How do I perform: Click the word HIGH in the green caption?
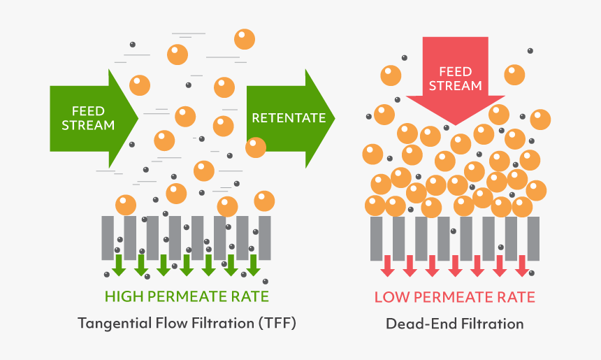point(125,296)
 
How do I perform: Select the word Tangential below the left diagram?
point(117,324)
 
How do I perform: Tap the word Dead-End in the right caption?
point(414,324)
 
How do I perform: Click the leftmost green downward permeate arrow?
point(119,264)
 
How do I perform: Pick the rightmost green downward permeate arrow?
point(253,264)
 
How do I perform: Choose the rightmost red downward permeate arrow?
point(522,265)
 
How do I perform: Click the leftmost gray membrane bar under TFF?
point(108,238)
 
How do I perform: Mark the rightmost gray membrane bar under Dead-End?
point(533,238)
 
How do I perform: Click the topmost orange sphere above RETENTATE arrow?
point(245,39)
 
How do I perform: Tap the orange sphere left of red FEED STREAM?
point(391,74)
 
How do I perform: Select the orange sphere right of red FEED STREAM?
point(514,74)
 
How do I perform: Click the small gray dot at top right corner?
point(530,50)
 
